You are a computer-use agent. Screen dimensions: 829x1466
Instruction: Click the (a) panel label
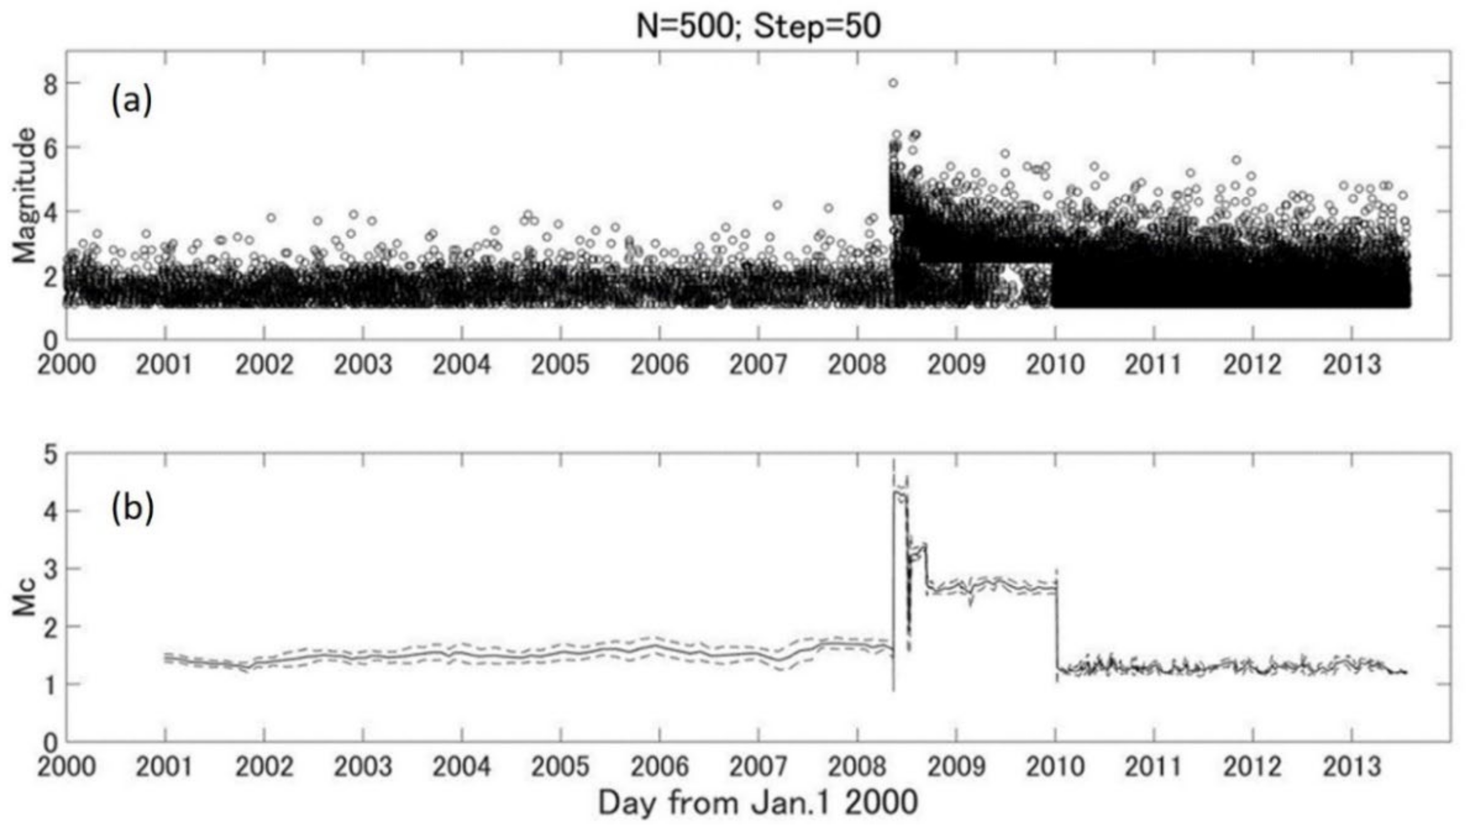point(132,102)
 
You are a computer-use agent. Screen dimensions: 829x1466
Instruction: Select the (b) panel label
point(132,509)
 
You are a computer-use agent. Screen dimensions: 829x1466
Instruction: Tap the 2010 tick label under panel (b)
point(1055,767)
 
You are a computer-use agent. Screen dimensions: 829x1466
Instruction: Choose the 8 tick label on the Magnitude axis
point(51,84)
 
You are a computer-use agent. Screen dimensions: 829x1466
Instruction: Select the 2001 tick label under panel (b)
point(165,767)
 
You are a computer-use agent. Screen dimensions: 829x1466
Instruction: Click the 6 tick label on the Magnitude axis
point(51,148)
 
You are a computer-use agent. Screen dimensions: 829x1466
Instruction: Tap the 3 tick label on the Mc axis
point(51,569)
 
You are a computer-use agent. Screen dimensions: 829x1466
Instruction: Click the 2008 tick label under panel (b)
point(857,767)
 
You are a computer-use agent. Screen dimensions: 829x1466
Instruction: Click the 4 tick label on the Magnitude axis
point(51,212)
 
